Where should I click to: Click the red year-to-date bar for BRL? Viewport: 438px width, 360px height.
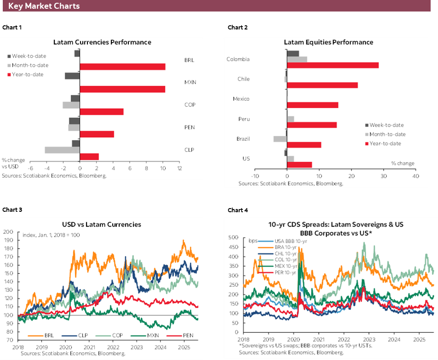click(x=122, y=67)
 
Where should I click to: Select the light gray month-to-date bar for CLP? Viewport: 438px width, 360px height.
click(x=62, y=150)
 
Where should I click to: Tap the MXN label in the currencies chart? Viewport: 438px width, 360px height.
click(x=190, y=82)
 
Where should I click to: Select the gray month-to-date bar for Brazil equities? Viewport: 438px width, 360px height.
click(x=280, y=139)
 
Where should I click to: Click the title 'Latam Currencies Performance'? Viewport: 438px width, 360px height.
click(x=102, y=42)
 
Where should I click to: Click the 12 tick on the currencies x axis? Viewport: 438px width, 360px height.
click(x=179, y=168)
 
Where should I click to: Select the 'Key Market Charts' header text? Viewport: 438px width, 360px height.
click(x=44, y=6)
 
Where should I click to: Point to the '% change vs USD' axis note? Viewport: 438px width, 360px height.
click(x=13, y=163)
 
